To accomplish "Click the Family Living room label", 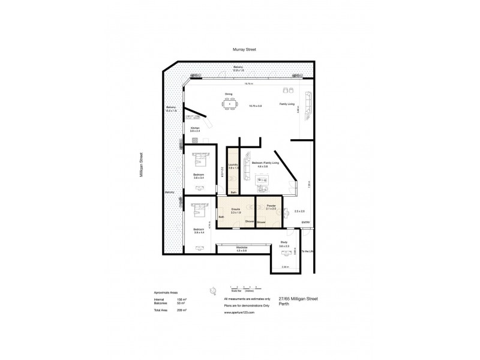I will click(x=287, y=104).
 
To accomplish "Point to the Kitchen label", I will click(x=194, y=128).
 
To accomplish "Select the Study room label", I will click(x=284, y=243).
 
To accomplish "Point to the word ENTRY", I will click(x=305, y=223).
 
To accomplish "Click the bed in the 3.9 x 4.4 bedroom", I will click(x=199, y=212).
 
